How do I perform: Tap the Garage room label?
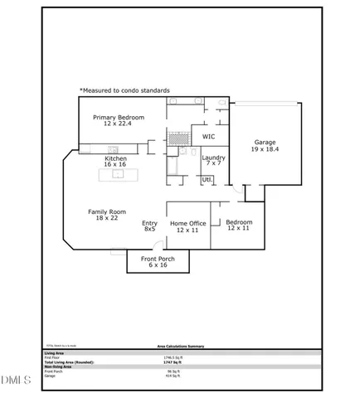pos(265,143)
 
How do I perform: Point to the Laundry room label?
pos(214,157)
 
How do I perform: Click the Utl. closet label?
pos(207,179)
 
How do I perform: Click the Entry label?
pos(150,222)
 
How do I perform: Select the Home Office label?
pos(187,222)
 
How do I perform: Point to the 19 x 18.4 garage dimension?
pos(265,149)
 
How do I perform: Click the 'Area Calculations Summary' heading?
pos(180,347)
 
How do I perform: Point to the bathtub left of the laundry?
pos(174,170)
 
